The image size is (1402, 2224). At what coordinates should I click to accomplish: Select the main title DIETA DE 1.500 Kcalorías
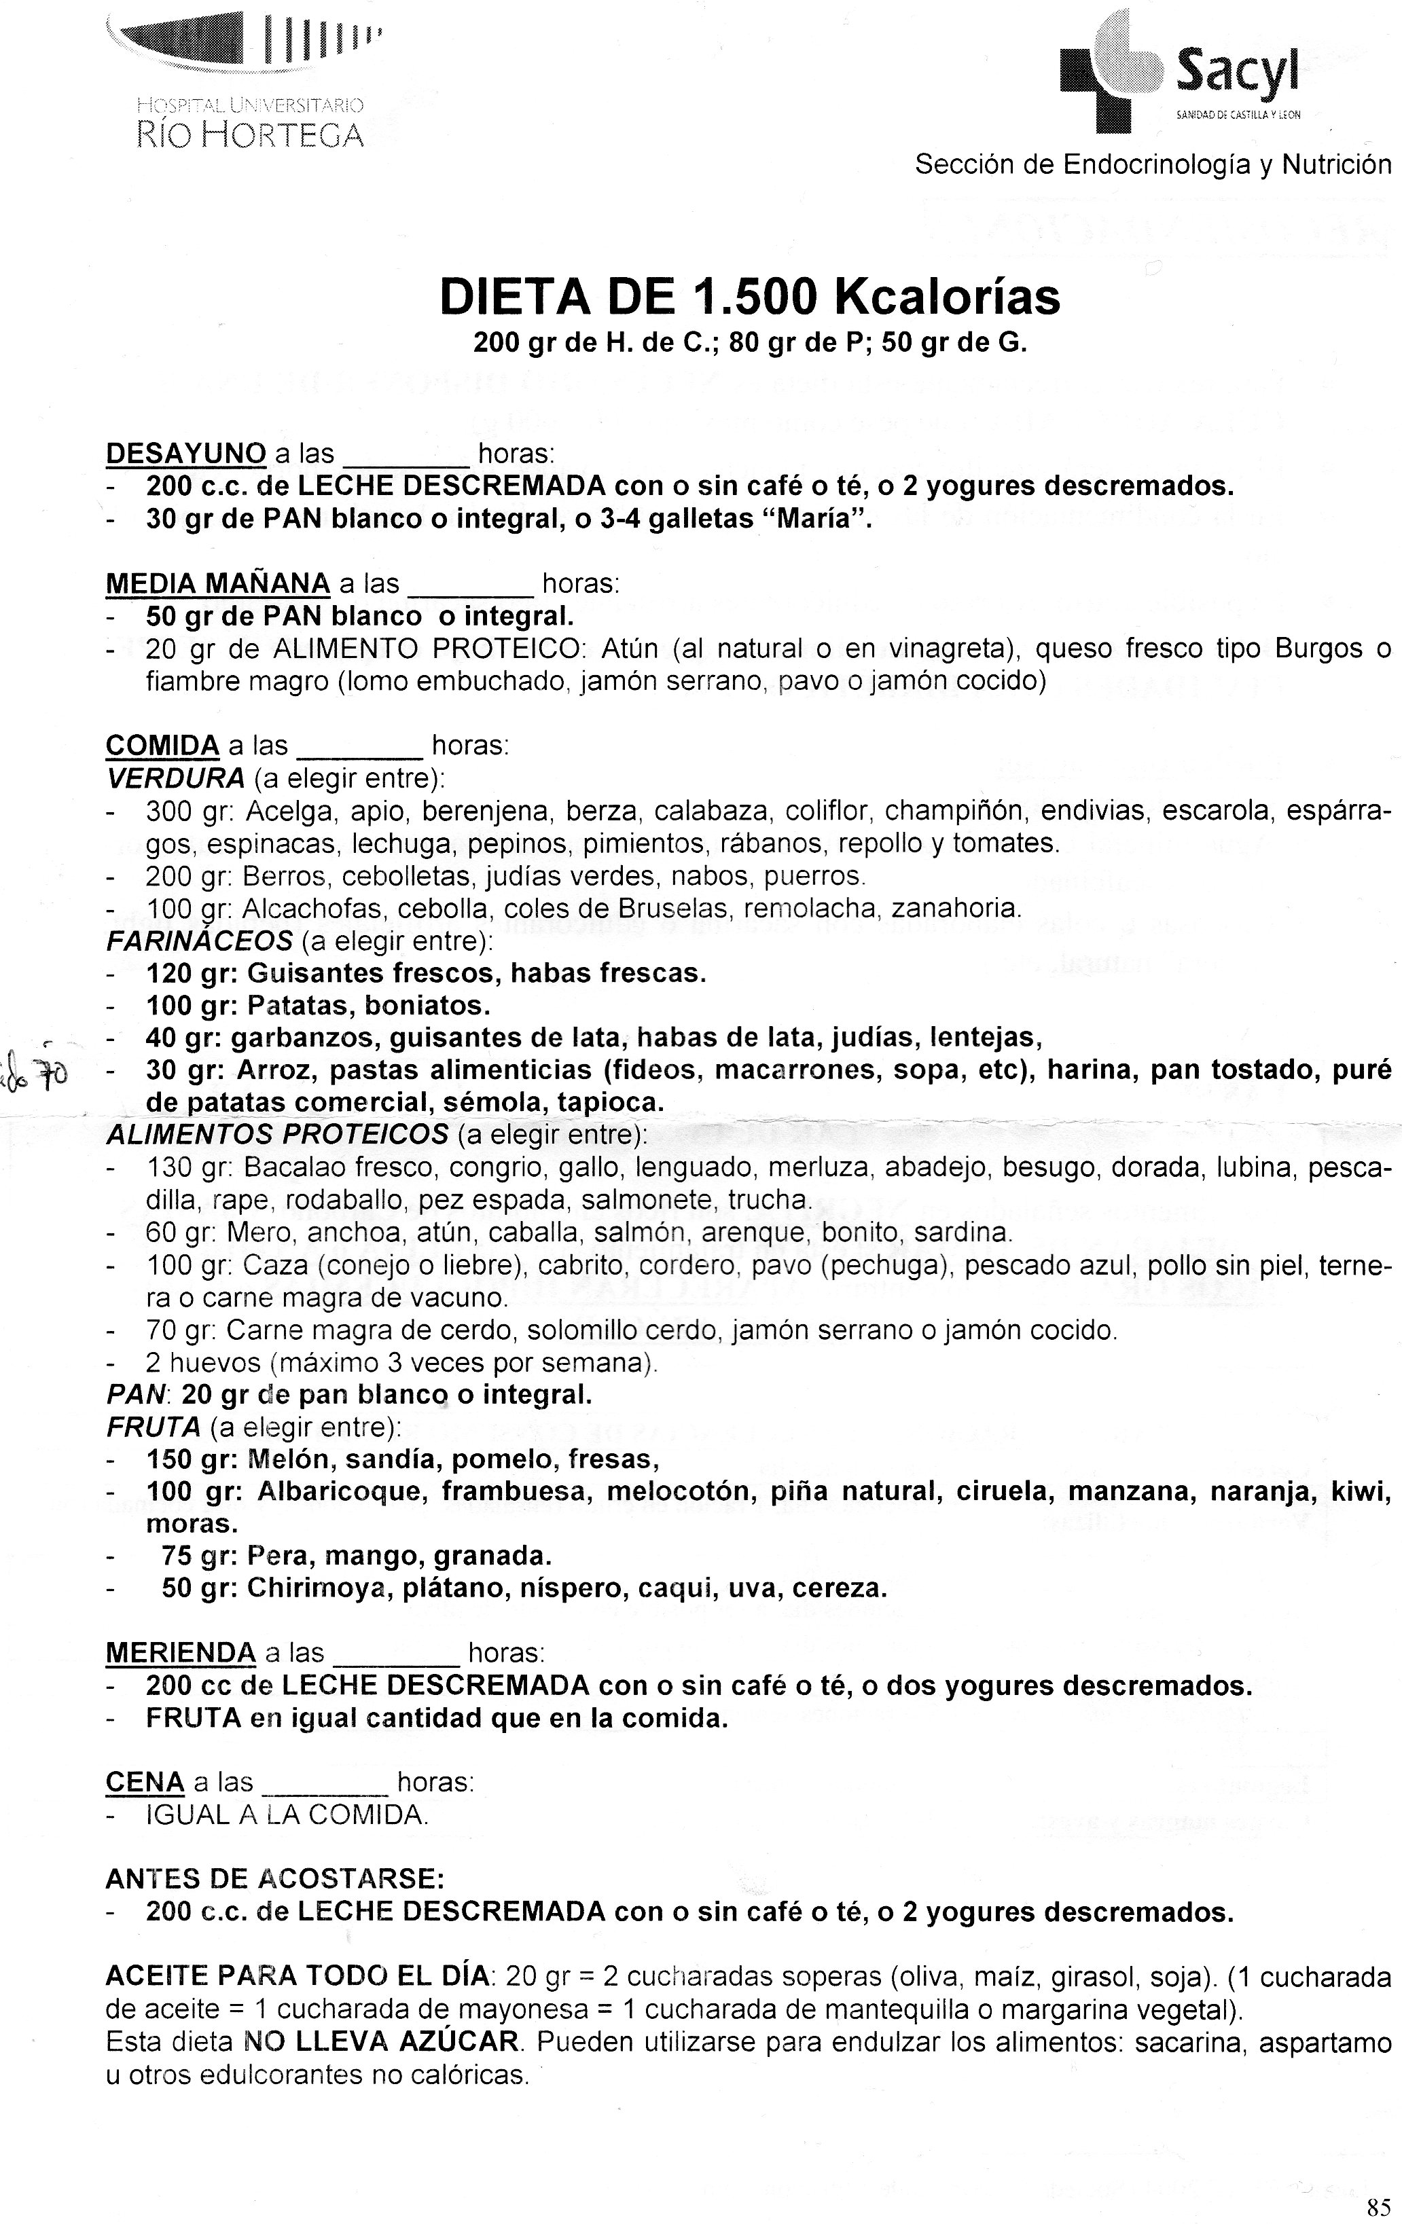(750, 297)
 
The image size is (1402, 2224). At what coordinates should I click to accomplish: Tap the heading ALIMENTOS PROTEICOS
(277, 1133)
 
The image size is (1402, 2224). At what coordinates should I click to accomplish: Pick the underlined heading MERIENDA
(181, 1652)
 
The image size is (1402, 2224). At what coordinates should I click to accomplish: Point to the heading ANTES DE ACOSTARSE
(275, 1880)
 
